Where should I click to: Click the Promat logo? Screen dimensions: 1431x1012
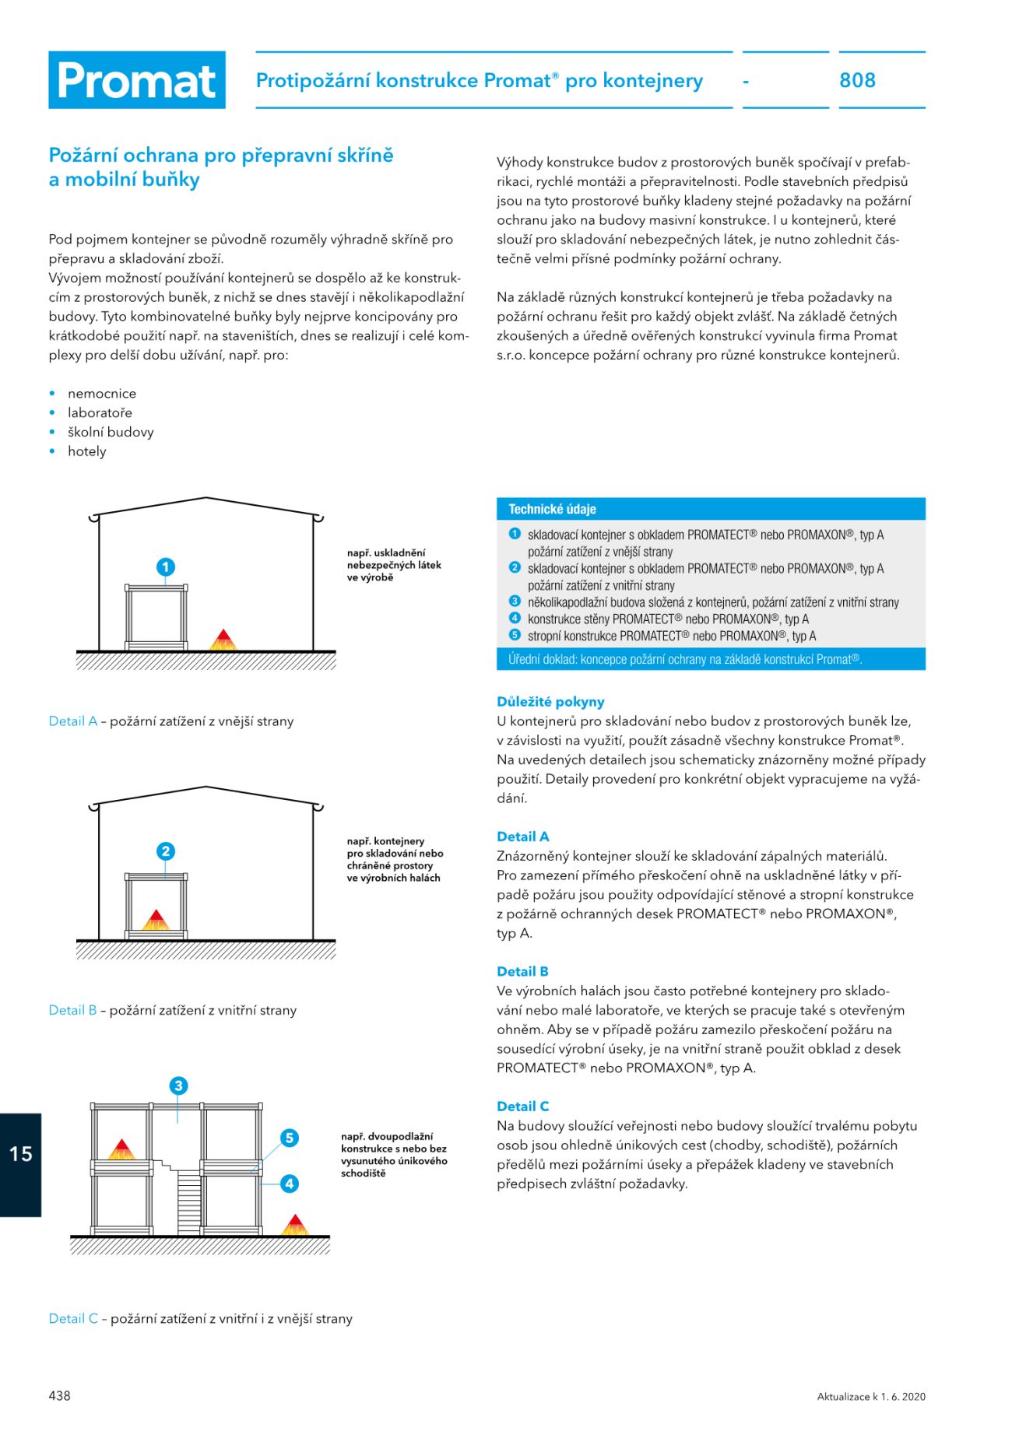(x=137, y=80)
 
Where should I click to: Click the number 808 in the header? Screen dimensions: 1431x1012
(x=857, y=80)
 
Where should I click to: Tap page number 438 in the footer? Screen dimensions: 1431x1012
(x=60, y=1395)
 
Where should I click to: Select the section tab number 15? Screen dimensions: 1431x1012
(x=21, y=1153)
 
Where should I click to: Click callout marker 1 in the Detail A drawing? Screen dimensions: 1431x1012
(x=165, y=566)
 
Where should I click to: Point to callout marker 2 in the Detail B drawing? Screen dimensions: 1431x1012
(x=165, y=851)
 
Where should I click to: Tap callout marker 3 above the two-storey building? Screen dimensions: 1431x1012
(x=178, y=1086)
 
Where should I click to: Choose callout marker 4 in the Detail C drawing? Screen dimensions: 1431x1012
(x=290, y=1184)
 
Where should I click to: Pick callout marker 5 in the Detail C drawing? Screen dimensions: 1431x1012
(x=290, y=1138)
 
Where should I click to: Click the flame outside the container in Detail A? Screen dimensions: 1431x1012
(x=223, y=640)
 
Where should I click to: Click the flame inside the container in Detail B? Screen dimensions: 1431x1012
(x=156, y=920)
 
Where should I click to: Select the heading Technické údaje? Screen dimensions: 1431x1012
(x=552, y=509)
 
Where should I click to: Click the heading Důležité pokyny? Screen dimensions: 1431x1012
(x=550, y=701)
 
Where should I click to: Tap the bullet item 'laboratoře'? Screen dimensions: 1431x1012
(x=100, y=412)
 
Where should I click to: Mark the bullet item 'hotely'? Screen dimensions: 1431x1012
(x=86, y=451)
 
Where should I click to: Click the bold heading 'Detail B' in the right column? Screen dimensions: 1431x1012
(x=522, y=971)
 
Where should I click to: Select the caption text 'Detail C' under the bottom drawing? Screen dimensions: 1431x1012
(x=73, y=1318)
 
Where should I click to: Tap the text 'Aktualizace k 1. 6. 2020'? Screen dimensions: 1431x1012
(x=871, y=1396)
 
